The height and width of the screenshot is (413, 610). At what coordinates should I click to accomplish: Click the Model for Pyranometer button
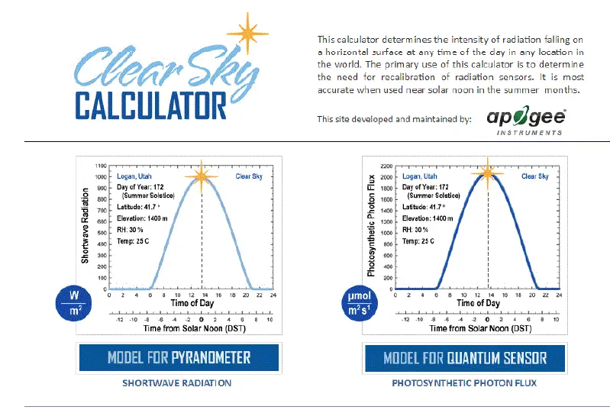click(x=179, y=357)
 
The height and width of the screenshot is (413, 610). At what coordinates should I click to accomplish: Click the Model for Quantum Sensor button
click(x=465, y=357)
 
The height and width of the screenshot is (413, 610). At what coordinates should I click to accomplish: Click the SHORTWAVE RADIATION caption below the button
click(x=176, y=383)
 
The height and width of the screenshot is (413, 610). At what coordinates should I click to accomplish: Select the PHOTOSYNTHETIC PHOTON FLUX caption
click(x=465, y=383)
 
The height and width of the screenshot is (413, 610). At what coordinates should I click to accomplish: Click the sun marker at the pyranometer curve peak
click(x=202, y=175)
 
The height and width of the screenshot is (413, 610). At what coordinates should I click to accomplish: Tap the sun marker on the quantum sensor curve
click(x=487, y=173)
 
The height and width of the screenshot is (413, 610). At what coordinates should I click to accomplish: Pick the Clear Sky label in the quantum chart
click(x=534, y=176)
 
